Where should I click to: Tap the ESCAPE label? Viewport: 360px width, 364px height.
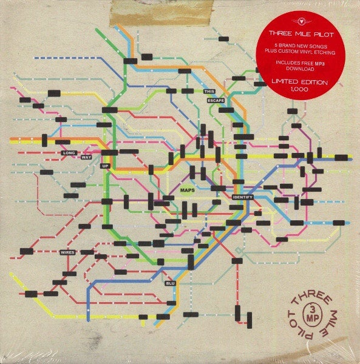click(216, 99)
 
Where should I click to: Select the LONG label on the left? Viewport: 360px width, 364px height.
click(69, 153)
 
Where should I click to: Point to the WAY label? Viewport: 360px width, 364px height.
click(86, 158)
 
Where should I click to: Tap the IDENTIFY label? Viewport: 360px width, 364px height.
click(242, 198)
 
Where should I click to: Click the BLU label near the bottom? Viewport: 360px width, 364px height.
click(170, 283)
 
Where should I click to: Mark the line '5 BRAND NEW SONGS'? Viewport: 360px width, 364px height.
click(290, 45)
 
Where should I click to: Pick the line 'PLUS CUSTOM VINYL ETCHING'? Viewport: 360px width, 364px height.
click(290, 52)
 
